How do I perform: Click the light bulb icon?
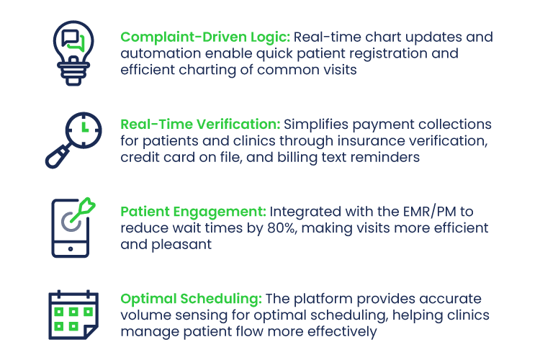tap(73, 53)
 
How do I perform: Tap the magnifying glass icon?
tap(73, 140)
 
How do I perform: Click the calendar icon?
tap(73, 315)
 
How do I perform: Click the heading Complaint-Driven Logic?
tap(205, 37)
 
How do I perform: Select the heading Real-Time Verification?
tap(200, 125)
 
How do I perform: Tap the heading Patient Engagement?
tap(193, 212)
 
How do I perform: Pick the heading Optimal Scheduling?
tap(191, 299)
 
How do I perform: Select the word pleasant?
tap(181, 245)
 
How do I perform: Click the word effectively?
tap(342, 332)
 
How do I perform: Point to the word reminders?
tap(385, 158)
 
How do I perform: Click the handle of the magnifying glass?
tap(58, 157)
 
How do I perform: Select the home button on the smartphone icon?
tap(71, 248)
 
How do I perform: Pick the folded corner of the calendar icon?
tap(91, 332)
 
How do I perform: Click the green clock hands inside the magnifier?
tap(85, 127)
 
